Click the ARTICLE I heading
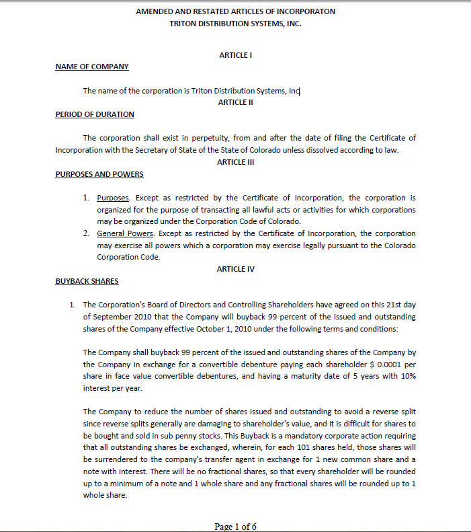pos(235,55)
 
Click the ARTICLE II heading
pos(235,102)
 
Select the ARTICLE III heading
pos(235,162)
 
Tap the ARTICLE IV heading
pos(235,269)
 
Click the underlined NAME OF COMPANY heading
pos(92,67)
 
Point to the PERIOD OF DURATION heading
pos(95,114)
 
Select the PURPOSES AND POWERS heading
pos(99,174)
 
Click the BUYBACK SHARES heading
pos(87,281)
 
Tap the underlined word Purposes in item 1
pos(113,198)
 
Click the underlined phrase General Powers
pos(126,233)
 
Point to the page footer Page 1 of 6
pos(235,527)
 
